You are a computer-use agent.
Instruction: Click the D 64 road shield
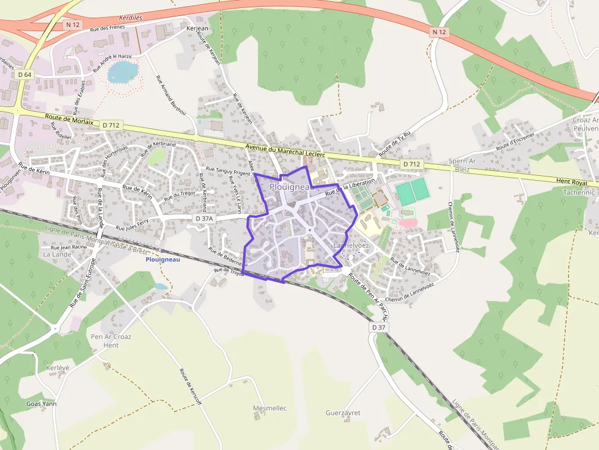[x=24, y=74]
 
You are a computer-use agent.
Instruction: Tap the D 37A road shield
[x=204, y=218]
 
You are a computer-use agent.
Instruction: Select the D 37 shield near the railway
[x=379, y=327]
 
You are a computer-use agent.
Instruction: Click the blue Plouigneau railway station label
[x=163, y=259]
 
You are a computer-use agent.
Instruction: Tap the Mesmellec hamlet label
[x=270, y=407]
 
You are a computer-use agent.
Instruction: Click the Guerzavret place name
[x=343, y=413]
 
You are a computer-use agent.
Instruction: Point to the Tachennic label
[x=578, y=192]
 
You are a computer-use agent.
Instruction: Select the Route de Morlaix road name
[x=70, y=120]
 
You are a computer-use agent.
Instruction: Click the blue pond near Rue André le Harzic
[x=122, y=73]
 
